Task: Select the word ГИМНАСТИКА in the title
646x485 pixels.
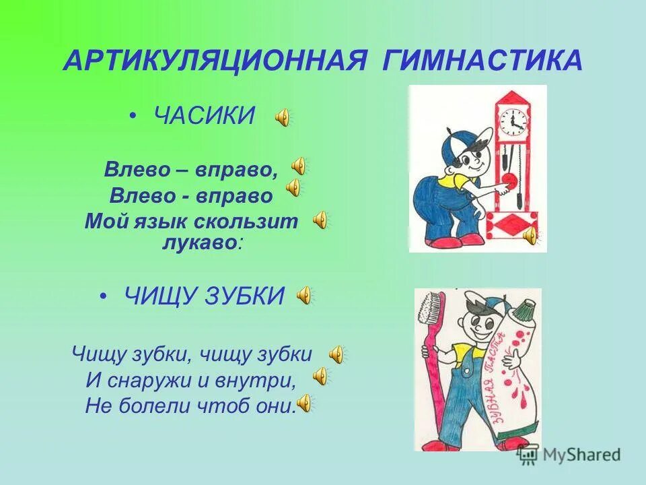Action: click(x=483, y=61)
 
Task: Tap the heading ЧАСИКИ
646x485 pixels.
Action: click(x=205, y=117)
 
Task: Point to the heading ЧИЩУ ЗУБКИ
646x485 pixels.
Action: click(x=205, y=295)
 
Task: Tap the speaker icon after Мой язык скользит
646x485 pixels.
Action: click(x=321, y=219)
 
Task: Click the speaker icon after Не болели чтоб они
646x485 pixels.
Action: click(x=305, y=403)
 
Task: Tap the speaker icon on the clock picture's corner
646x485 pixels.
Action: click(x=531, y=235)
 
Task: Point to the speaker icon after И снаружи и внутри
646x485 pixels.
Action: click(x=321, y=377)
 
